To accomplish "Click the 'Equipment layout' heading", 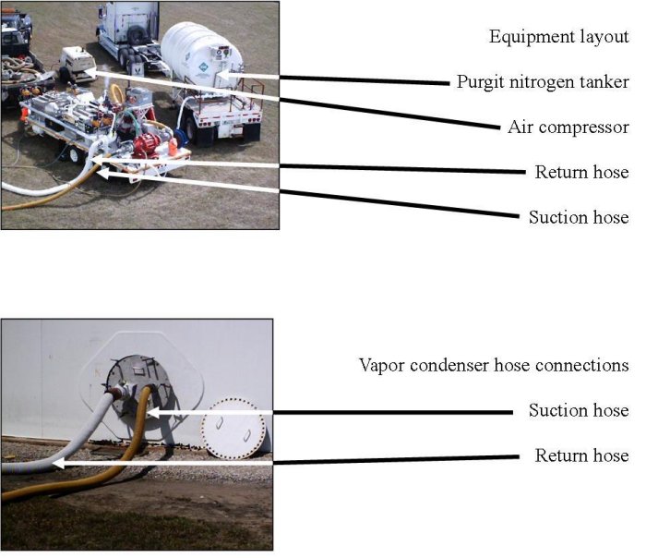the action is [x=558, y=37].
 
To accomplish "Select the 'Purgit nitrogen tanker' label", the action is [x=543, y=82].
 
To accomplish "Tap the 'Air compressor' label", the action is [x=568, y=127].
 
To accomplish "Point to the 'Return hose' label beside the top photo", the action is [x=581, y=172].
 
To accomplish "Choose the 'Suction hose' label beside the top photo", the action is [x=579, y=217].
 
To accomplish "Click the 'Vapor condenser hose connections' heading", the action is [x=494, y=366].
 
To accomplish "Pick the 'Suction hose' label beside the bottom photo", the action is [x=579, y=410].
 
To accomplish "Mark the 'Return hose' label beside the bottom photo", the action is [x=581, y=455].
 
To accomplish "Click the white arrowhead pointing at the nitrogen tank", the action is [x=222, y=76].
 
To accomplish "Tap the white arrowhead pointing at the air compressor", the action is [x=90, y=73].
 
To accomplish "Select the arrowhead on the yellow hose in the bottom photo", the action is [x=153, y=412].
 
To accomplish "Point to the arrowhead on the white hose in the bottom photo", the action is [x=58, y=463].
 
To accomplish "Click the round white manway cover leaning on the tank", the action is [x=233, y=429].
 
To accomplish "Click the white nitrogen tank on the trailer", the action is [x=200, y=55].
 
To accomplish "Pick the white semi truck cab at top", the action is [x=128, y=30].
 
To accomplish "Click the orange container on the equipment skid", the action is [x=173, y=146].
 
